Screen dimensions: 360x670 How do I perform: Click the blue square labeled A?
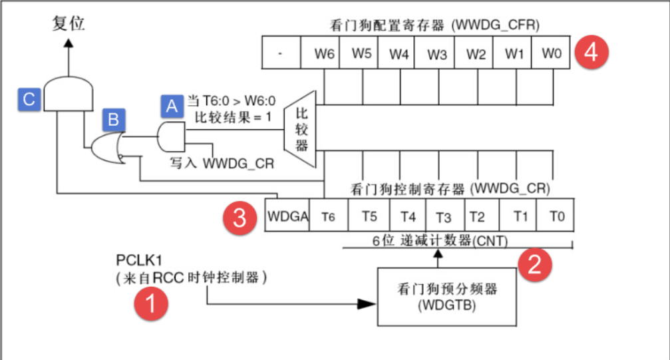[172, 105]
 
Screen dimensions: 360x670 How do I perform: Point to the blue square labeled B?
[113, 120]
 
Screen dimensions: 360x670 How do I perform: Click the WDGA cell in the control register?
[287, 216]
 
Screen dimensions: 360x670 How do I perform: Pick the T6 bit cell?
[328, 216]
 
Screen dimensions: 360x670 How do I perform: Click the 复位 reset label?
[69, 25]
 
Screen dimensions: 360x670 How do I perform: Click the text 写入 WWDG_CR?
[220, 163]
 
